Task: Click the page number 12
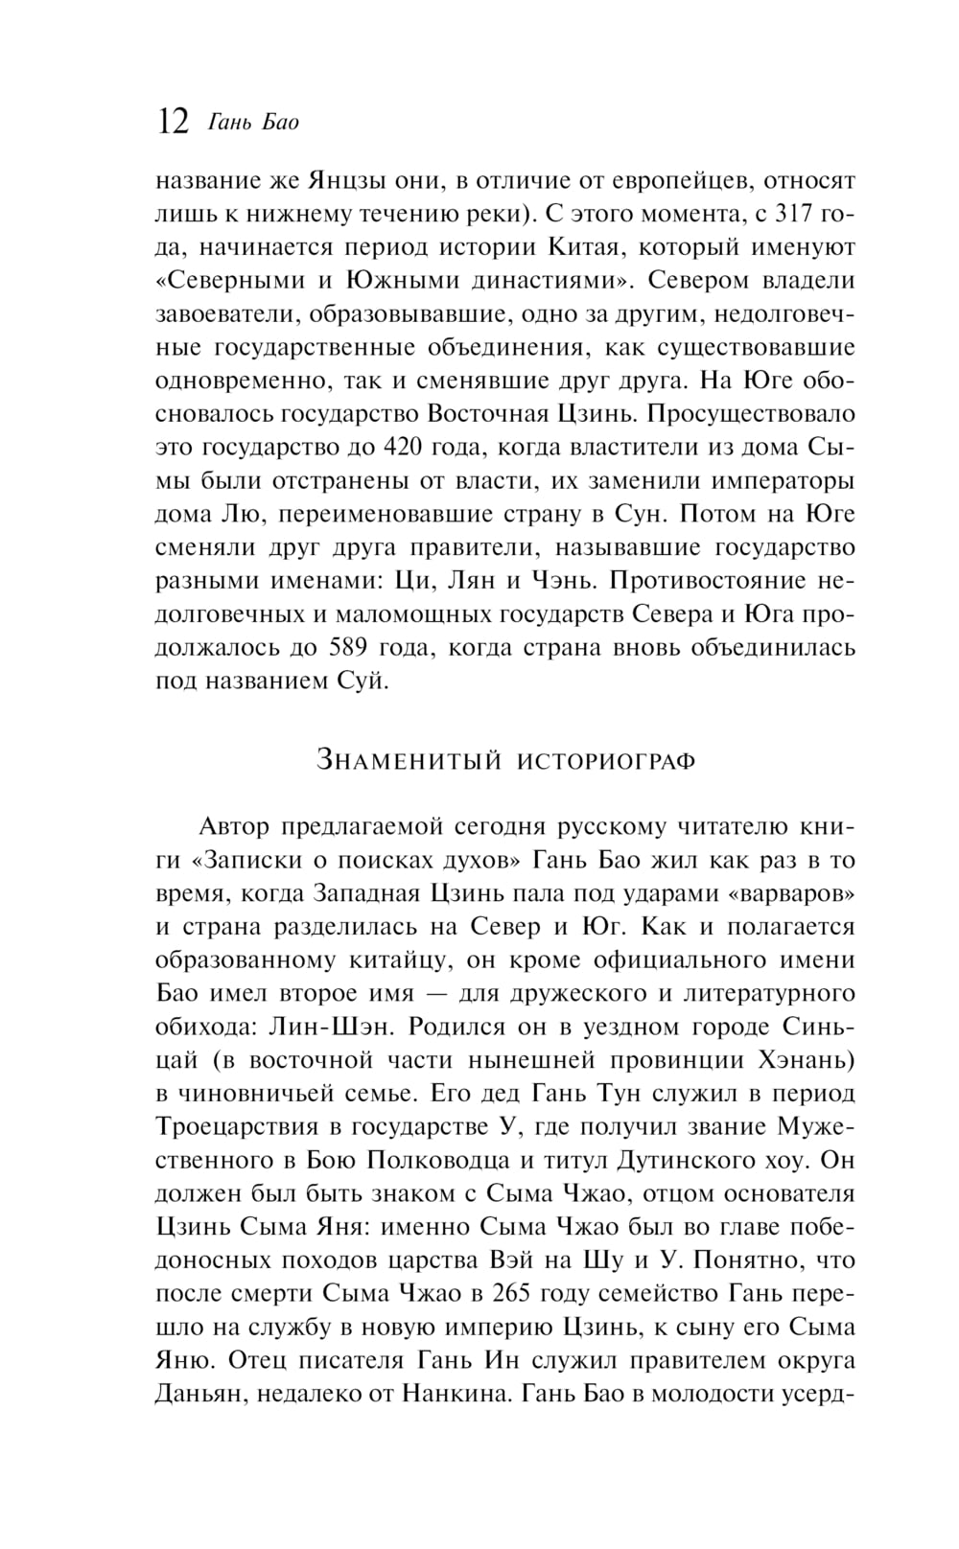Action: pos(172,122)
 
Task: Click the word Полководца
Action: pos(434,1161)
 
